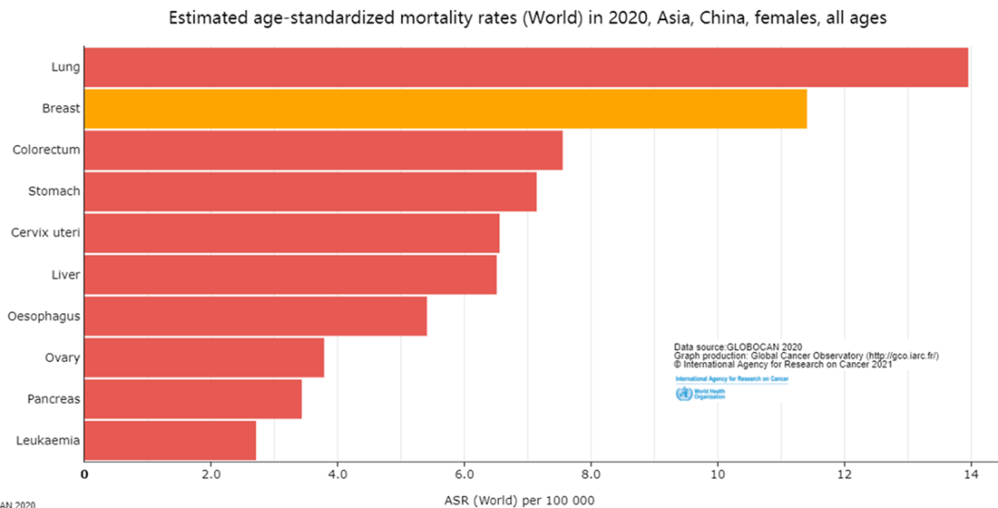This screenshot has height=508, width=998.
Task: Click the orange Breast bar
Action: pos(444,108)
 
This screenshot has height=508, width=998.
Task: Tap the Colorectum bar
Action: pos(323,150)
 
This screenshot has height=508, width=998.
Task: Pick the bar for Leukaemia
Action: pos(170,440)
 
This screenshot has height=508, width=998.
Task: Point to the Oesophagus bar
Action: pos(255,316)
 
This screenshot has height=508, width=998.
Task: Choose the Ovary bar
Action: pos(203,357)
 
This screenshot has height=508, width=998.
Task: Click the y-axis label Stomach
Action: pos(53,191)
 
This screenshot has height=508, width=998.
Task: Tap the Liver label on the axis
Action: pos(66,274)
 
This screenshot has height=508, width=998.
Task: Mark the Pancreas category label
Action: pos(52,399)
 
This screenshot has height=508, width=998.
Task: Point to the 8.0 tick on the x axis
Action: pos(590,475)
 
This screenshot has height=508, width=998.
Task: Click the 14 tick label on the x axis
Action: pos(970,475)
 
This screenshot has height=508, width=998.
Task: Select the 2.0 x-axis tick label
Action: pos(211,475)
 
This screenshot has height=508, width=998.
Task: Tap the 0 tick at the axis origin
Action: pos(85,475)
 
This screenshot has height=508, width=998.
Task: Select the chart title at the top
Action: pos(527,18)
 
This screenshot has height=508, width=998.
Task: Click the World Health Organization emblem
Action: pos(684,394)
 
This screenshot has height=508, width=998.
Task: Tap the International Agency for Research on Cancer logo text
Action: pos(731,379)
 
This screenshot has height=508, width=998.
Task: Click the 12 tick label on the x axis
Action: pos(844,475)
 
